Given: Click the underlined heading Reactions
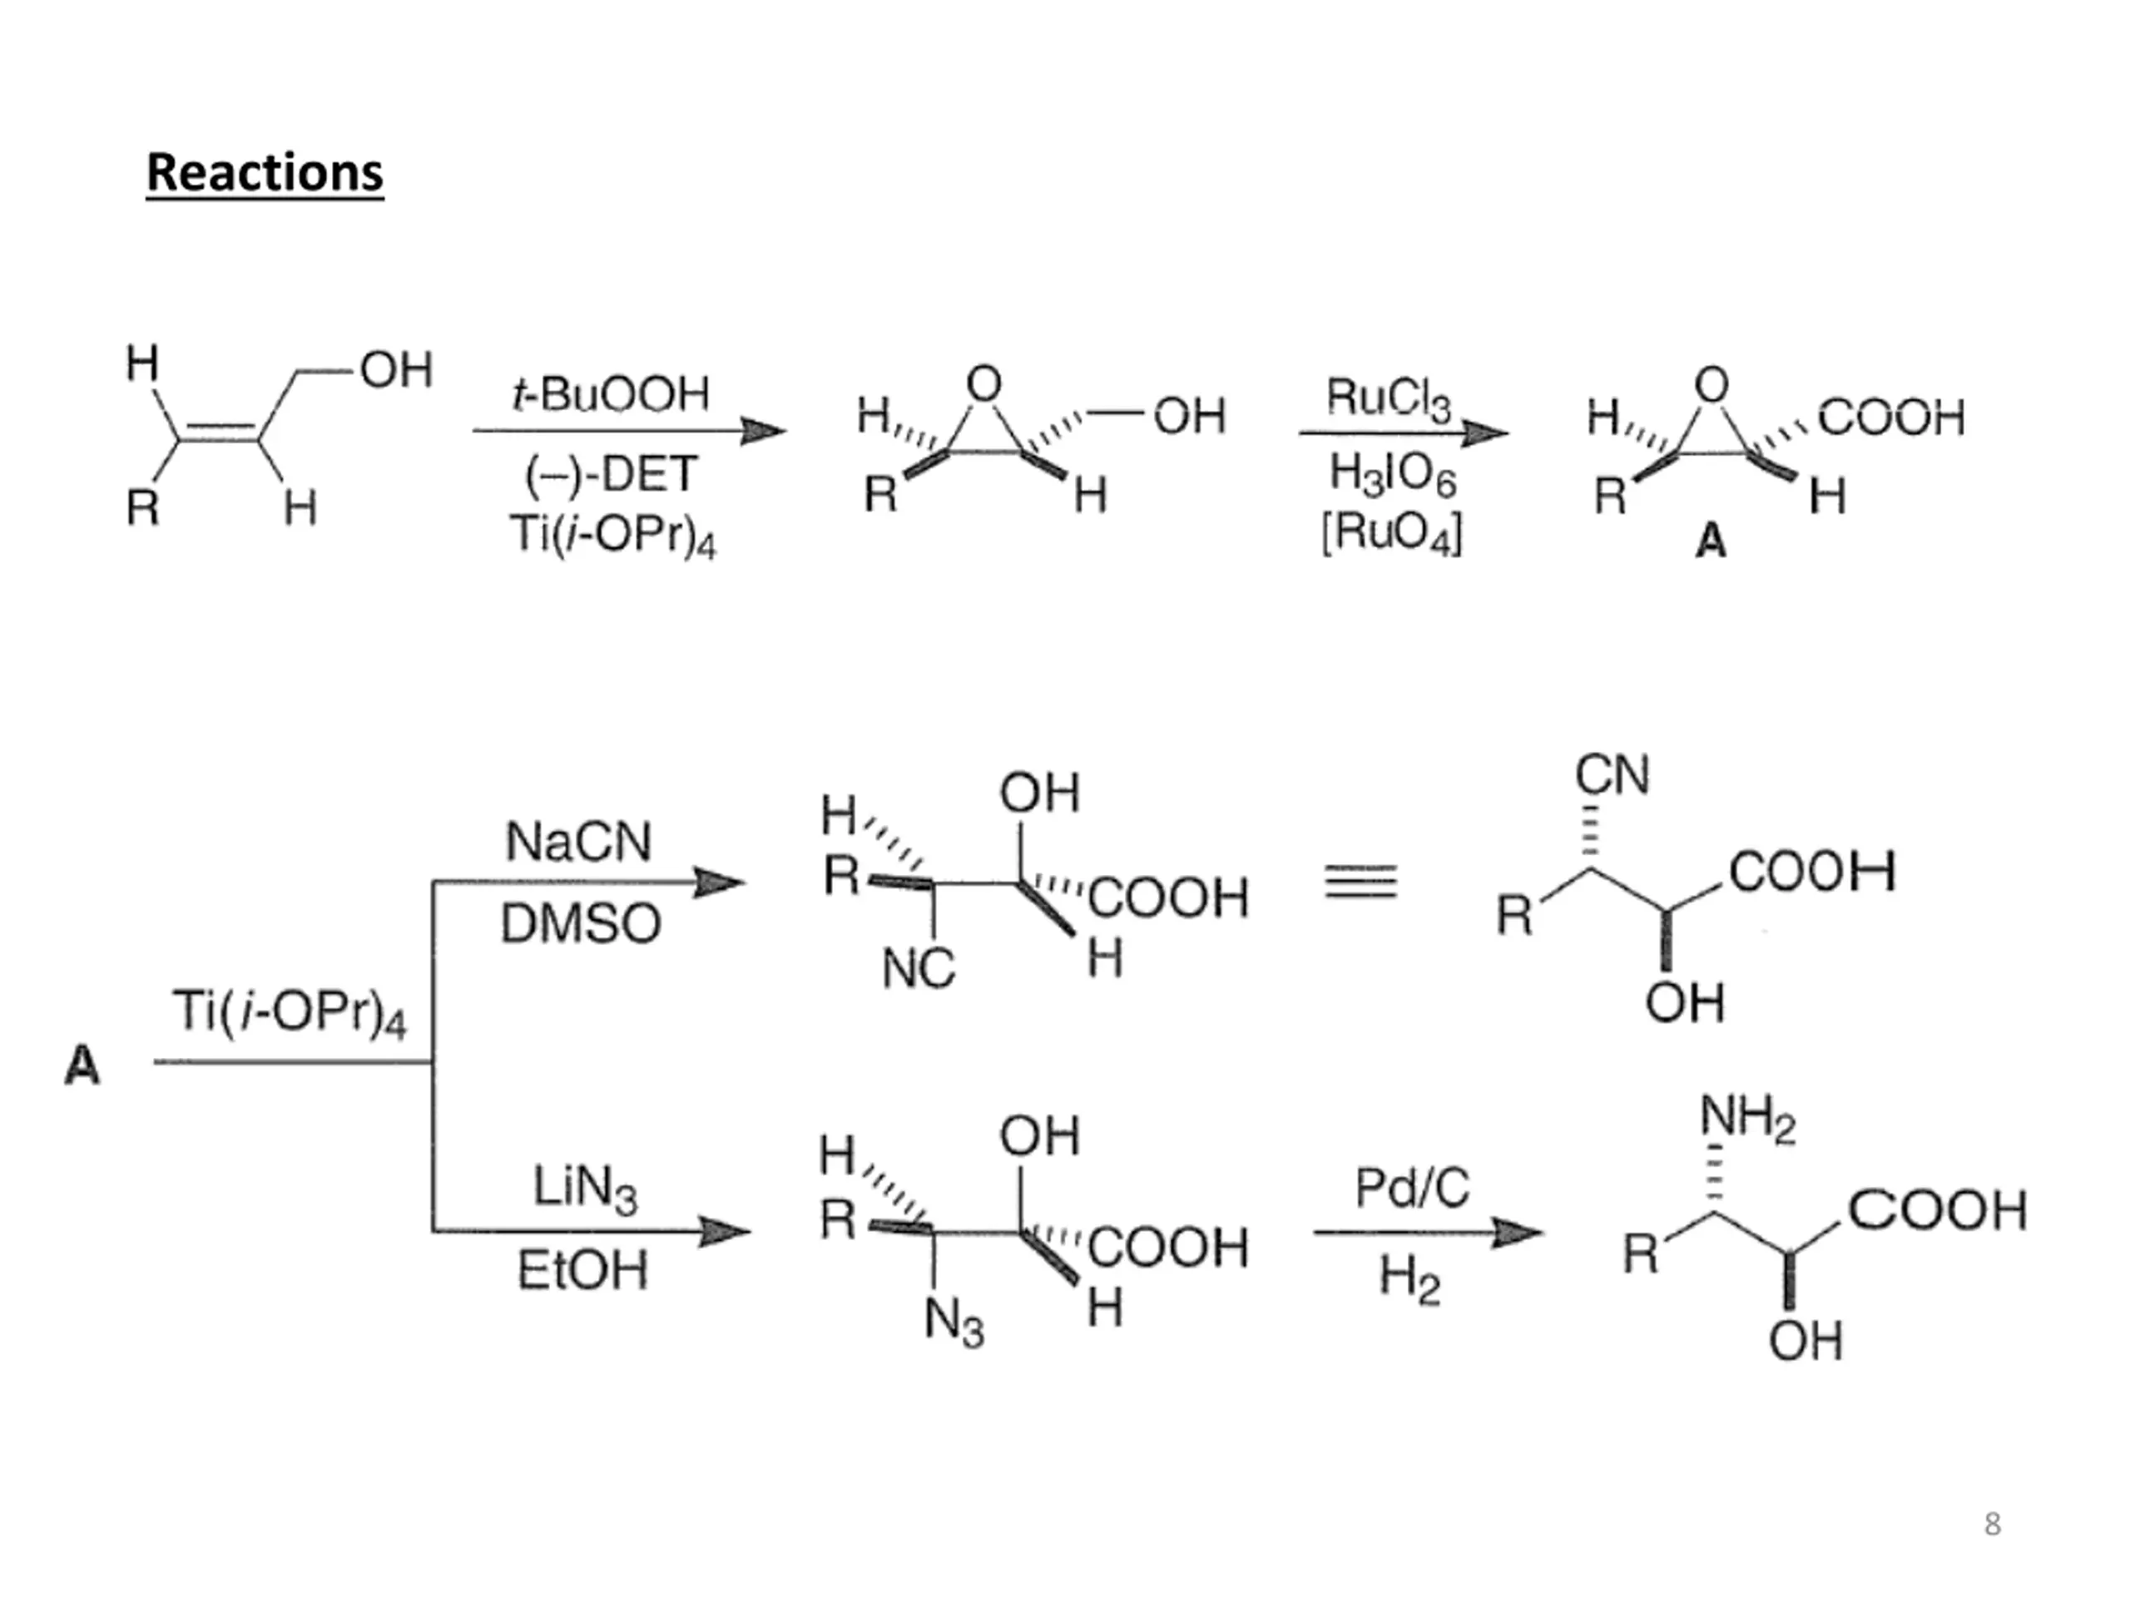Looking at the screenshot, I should (265, 173).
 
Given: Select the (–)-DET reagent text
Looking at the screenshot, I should (612, 473).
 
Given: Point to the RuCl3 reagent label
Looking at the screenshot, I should (1388, 398).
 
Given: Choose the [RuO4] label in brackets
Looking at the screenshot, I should (1391, 532).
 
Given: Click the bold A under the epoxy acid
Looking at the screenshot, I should (1710, 542).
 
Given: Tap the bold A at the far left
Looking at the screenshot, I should (82, 1066).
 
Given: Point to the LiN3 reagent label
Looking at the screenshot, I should (584, 1188).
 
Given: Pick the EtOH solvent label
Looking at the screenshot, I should (582, 1271).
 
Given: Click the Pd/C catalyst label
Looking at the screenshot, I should (1412, 1188).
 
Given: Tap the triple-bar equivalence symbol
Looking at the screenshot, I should (1360, 881).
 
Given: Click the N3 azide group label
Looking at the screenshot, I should (954, 1321).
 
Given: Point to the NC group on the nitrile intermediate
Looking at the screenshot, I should (918, 968).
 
